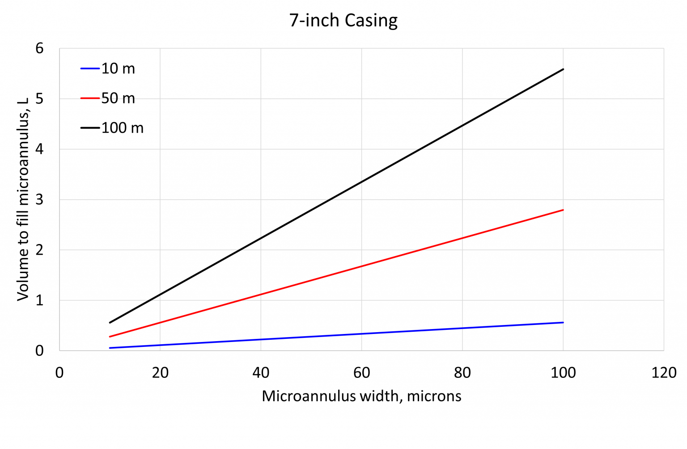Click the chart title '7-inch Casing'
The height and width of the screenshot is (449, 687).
[x=343, y=21]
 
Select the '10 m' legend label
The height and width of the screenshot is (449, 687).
[x=118, y=68]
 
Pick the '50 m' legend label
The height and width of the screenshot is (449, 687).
[x=118, y=98]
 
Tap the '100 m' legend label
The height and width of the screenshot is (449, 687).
[x=123, y=128]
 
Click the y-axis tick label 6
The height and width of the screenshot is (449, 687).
[x=40, y=48]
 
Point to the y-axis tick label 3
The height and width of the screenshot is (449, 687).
[x=40, y=200]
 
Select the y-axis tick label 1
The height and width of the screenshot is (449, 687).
[x=40, y=300]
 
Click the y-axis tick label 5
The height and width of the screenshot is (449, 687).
[x=40, y=99]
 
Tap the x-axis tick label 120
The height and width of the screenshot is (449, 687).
[x=664, y=373]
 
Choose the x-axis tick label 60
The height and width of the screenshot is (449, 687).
[x=361, y=373]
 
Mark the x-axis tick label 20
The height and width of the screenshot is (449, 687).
[x=160, y=373]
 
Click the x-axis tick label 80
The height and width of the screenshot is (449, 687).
[x=462, y=373]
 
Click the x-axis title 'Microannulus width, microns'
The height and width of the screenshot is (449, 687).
[x=361, y=396]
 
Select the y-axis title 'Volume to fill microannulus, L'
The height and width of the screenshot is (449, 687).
[x=23, y=199]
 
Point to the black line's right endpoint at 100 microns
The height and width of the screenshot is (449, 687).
[x=563, y=69]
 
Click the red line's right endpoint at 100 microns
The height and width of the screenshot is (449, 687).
[x=563, y=210]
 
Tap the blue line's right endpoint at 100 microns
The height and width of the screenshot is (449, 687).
[x=563, y=322]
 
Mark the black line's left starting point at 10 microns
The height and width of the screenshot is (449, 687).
[x=110, y=322]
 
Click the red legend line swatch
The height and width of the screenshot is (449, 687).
[x=90, y=98]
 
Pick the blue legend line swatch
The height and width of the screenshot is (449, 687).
[x=90, y=68]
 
